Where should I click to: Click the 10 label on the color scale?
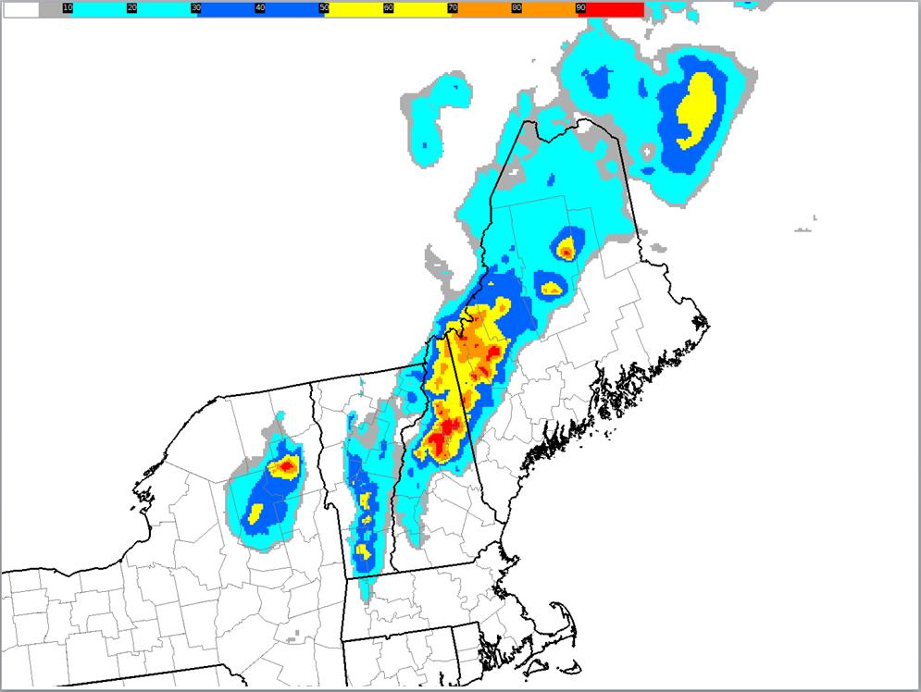pos(68,7)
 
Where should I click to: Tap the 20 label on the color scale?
pos(131,7)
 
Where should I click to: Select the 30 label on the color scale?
pos(195,7)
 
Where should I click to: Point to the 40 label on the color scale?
pos(259,7)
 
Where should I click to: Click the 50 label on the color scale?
pos(323,7)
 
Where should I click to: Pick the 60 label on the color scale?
pos(388,7)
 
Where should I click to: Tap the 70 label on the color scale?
pos(452,7)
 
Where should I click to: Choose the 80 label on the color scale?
pos(516,7)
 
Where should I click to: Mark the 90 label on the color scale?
pos(580,7)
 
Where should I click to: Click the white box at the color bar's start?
pos(20,9)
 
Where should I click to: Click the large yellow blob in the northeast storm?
pos(696,108)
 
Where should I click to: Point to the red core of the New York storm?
pos(287,466)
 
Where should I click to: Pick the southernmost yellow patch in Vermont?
pos(363,551)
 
